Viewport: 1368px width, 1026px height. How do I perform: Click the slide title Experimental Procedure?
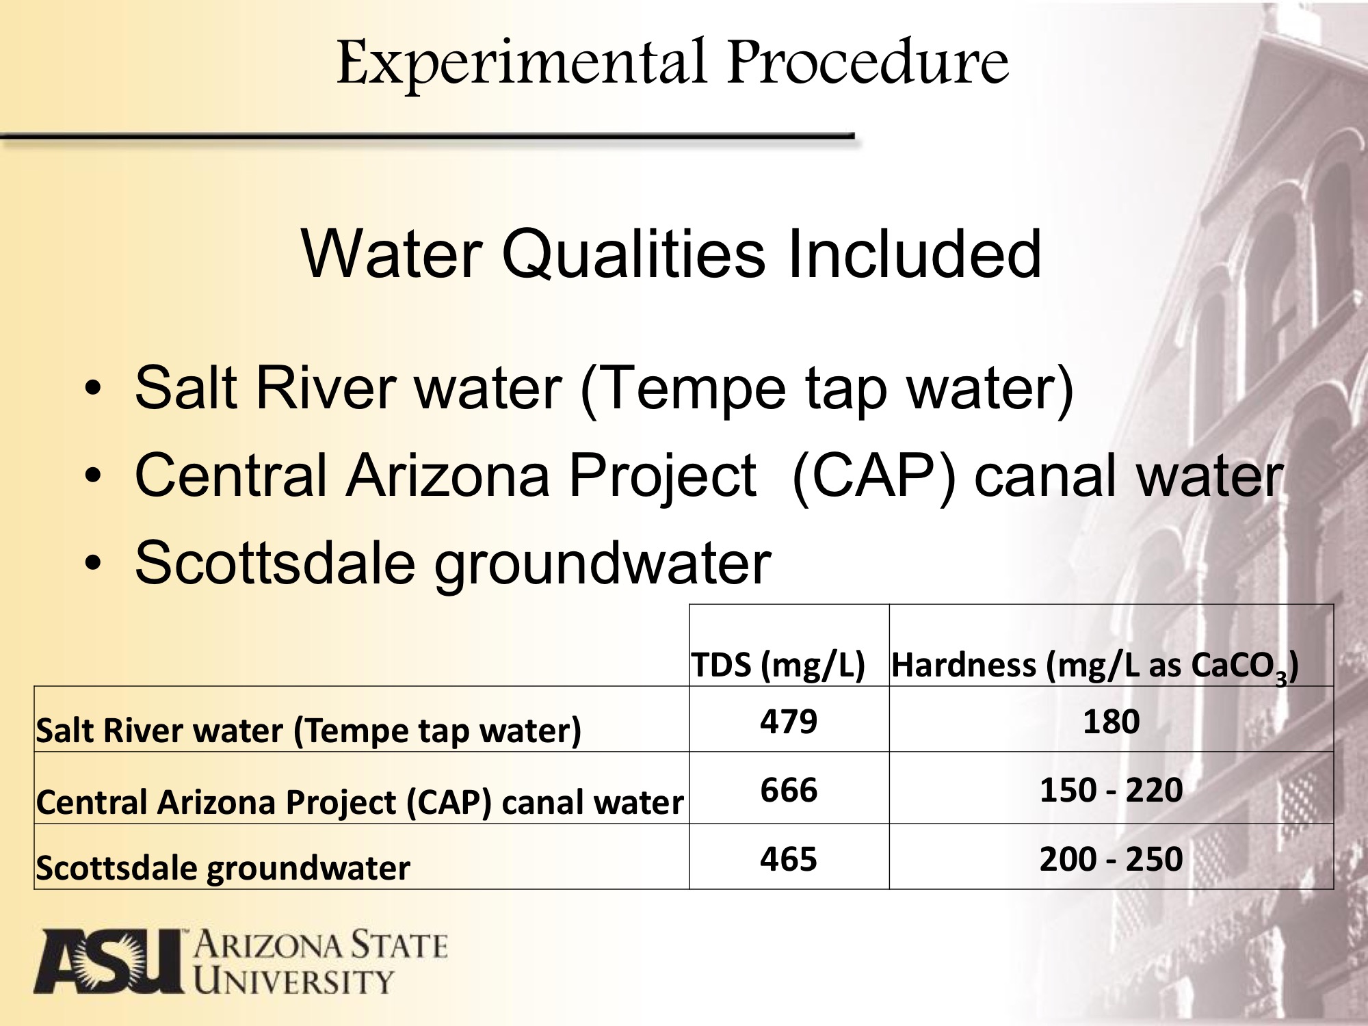tap(672, 63)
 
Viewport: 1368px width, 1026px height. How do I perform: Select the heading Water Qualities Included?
tap(671, 254)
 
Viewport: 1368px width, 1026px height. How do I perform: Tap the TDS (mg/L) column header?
tap(778, 666)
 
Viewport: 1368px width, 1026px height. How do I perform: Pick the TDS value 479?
tap(789, 722)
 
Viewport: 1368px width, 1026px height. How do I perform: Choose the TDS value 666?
tap(789, 790)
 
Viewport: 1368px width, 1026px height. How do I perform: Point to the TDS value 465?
tap(789, 859)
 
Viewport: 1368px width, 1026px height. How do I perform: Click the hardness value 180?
tap(1111, 722)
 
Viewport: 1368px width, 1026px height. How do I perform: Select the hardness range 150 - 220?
tap(1111, 790)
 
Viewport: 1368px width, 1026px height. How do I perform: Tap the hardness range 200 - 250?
tap(1111, 859)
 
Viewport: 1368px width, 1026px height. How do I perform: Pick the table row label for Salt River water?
tap(308, 731)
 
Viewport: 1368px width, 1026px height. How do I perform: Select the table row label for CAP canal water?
tap(360, 802)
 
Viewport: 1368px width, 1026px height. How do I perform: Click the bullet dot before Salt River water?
tap(93, 389)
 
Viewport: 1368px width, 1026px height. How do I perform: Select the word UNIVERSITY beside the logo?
tap(294, 982)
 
